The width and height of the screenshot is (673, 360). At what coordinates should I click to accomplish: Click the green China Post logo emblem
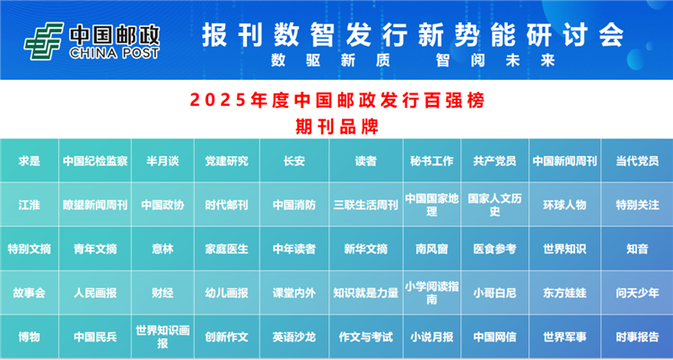pyautogui.click(x=44, y=41)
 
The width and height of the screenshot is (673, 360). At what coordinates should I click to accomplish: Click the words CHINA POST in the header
pyautogui.click(x=114, y=53)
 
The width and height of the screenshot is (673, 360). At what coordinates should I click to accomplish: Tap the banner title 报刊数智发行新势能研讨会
pyautogui.click(x=413, y=35)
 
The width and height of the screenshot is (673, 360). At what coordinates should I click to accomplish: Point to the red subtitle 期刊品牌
pyautogui.click(x=336, y=127)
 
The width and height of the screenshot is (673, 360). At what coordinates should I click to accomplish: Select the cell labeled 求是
pyautogui.click(x=30, y=161)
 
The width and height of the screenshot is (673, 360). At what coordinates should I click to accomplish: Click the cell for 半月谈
pyautogui.click(x=162, y=161)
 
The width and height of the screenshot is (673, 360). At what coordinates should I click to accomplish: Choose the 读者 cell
pyautogui.click(x=366, y=161)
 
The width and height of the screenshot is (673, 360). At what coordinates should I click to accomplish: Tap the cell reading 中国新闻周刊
pyautogui.click(x=564, y=161)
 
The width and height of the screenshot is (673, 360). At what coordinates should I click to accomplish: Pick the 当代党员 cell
pyautogui.click(x=637, y=161)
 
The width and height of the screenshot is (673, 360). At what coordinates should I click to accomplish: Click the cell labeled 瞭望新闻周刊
pyautogui.click(x=95, y=205)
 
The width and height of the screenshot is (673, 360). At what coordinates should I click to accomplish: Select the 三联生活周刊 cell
pyautogui.click(x=366, y=205)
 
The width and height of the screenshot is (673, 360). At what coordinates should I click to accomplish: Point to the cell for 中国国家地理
pyautogui.click(x=433, y=205)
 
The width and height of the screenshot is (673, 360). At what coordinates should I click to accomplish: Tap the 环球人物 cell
pyautogui.click(x=564, y=205)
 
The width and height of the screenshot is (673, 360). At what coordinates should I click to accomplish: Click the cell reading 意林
pyautogui.click(x=162, y=249)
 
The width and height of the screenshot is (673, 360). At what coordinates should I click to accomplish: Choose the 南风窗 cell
pyautogui.click(x=433, y=249)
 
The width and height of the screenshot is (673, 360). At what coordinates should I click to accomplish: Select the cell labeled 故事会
pyautogui.click(x=30, y=293)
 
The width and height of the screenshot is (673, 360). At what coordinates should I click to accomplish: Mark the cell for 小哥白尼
pyautogui.click(x=494, y=293)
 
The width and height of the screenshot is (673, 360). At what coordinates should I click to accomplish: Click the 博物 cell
pyautogui.click(x=30, y=337)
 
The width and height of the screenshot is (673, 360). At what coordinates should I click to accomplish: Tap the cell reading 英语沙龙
pyautogui.click(x=294, y=337)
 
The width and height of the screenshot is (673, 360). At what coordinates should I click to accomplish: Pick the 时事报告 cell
pyautogui.click(x=637, y=337)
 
